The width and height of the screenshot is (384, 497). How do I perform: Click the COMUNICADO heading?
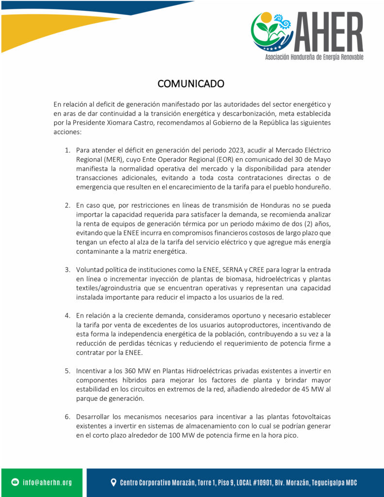pos(191,83)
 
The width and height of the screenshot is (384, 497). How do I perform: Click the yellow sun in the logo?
pos(266,17)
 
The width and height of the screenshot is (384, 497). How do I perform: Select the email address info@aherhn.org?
pos(47,482)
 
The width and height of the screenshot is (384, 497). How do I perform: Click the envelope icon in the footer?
pos(15,482)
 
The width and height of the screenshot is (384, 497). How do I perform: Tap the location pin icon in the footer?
pos(114,482)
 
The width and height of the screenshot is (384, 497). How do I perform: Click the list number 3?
pos(68,269)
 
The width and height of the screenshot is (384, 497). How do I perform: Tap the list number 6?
pos(68,416)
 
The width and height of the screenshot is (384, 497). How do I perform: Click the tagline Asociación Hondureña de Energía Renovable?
pos(314,57)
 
